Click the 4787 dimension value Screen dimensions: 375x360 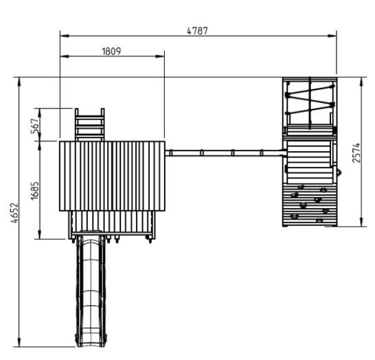tap(197, 31)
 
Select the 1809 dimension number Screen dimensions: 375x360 tap(111, 52)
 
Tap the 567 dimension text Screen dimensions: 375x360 tap(34, 126)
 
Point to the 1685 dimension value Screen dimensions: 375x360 tap(34, 190)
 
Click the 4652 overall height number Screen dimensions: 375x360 tap(14, 213)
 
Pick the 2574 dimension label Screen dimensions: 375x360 tap(356, 153)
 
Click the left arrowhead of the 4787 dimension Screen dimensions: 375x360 tap(65, 36)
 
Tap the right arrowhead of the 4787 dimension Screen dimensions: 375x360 tap(332, 36)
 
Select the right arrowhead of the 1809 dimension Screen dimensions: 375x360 tap(160, 56)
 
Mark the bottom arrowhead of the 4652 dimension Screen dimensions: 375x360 tap(19, 342)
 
